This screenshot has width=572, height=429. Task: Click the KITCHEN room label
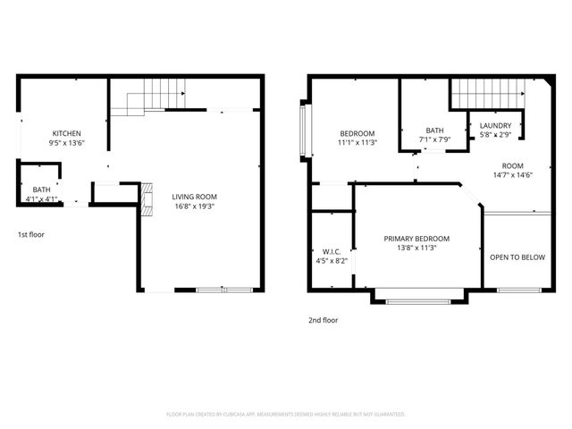click(x=66, y=133)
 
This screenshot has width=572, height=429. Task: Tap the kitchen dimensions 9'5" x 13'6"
click(x=66, y=143)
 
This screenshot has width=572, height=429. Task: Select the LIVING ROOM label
click(x=194, y=197)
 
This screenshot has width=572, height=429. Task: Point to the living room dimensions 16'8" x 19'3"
click(x=194, y=206)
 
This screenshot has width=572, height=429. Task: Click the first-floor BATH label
click(x=41, y=189)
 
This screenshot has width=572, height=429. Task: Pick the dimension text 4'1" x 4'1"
click(x=41, y=199)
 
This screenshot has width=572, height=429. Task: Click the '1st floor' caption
click(x=30, y=235)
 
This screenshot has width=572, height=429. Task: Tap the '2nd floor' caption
click(x=324, y=319)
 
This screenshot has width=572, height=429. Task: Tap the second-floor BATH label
click(x=434, y=130)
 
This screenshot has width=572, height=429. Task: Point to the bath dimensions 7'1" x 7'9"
click(x=434, y=139)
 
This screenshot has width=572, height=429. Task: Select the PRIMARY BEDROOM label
click(x=416, y=239)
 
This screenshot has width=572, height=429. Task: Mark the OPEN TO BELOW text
click(x=517, y=257)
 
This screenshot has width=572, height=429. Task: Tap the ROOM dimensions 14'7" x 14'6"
click(x=512, y=175)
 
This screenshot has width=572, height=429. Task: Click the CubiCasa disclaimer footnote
click(x=286, y=414)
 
